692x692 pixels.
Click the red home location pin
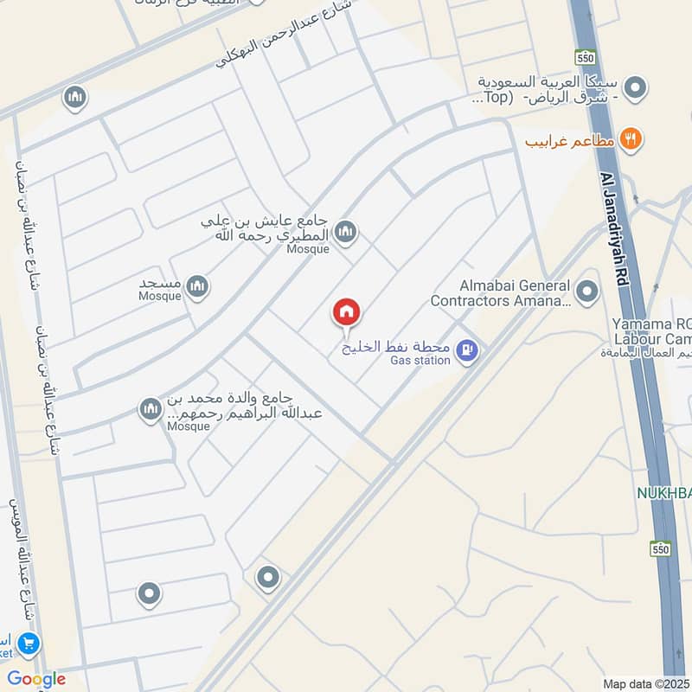coord(346,312)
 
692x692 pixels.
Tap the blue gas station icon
coord(467,351)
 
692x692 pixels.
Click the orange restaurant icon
coord(632,138)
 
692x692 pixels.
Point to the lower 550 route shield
coord(662,548)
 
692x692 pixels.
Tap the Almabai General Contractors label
coord(501,294)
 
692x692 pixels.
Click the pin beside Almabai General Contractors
coord(587,292)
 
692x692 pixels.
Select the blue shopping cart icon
coord(29,644)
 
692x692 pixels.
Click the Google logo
coord(35,679)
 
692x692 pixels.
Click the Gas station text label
coord(420,361)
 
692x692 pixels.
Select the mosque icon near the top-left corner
coord(75,98)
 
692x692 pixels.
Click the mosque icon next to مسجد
coord(198,286)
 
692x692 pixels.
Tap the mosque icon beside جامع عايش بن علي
coord(346,231)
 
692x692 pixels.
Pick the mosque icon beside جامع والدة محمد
coord(151,409)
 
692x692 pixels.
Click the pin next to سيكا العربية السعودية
coord(636,87)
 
